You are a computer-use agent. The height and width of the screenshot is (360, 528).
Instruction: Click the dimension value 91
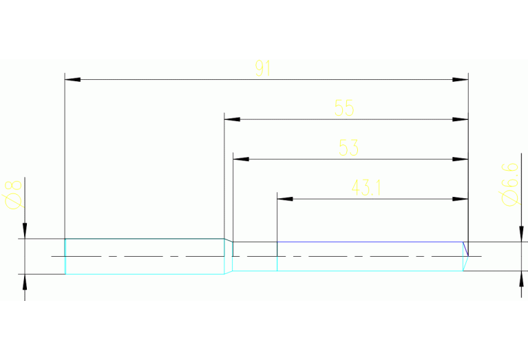pos(263,68)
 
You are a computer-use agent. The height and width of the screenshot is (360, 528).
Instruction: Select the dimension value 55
pos(344,108)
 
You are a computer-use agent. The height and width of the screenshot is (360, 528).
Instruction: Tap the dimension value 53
pos(348,147)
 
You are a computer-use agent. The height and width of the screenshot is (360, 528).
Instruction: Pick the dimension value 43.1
pos(366,187)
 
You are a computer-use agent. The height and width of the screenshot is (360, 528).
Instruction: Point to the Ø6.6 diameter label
pos(510,184)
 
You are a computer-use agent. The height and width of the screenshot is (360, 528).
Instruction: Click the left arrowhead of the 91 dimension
pos(72,79)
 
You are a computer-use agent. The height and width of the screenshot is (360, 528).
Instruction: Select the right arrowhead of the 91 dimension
pos(461,79)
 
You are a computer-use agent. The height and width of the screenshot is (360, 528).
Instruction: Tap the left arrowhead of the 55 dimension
pos(232,119)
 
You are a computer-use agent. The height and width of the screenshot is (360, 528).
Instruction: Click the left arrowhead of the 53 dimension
pos(241,159)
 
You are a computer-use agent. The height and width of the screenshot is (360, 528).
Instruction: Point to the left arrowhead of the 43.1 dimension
pos(285,199)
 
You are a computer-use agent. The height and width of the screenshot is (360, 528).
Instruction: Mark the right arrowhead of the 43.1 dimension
pos(461,199)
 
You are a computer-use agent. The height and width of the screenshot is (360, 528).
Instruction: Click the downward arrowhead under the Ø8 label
pos(25,231)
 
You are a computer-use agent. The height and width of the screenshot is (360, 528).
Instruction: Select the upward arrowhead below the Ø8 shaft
pos(25,282)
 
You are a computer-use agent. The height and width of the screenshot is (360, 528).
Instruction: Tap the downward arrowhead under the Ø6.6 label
pos(521,234)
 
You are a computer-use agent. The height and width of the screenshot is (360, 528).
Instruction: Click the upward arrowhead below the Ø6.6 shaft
pos(521,279)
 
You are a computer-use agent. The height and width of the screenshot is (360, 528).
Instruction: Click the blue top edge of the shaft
pos(370,242)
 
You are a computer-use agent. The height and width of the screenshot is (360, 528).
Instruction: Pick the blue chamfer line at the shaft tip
pos(465,249)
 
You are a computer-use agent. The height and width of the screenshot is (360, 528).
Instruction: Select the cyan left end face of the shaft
pos(65,256)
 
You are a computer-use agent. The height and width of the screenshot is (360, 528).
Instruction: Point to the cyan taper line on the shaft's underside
pos(229,273)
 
